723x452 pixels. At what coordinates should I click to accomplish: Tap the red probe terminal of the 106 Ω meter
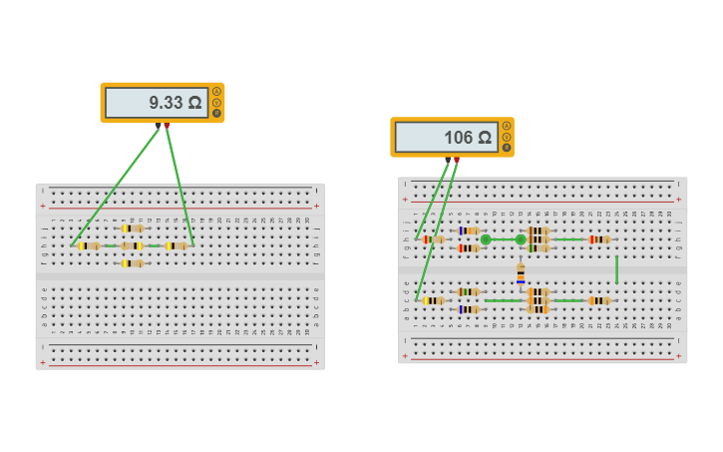457,160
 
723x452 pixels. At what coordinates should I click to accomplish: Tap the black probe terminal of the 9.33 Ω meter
159,126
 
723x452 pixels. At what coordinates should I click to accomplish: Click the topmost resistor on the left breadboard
132,228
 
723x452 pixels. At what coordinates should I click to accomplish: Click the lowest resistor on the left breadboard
132,263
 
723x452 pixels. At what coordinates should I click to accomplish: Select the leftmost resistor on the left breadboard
90,245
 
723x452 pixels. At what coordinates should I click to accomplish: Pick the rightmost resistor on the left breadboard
177,245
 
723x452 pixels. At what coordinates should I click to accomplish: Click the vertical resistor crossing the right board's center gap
521,272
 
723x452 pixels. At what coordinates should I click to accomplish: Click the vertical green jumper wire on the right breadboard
616,269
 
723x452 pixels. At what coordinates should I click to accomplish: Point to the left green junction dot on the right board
486,239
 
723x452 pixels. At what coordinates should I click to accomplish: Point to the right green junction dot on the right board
521,239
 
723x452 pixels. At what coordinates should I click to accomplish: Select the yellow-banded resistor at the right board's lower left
434,300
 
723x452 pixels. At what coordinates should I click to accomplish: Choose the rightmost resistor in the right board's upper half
599,239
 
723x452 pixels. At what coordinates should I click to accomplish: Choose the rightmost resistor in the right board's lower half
599,300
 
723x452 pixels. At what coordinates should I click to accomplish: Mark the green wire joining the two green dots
503,239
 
